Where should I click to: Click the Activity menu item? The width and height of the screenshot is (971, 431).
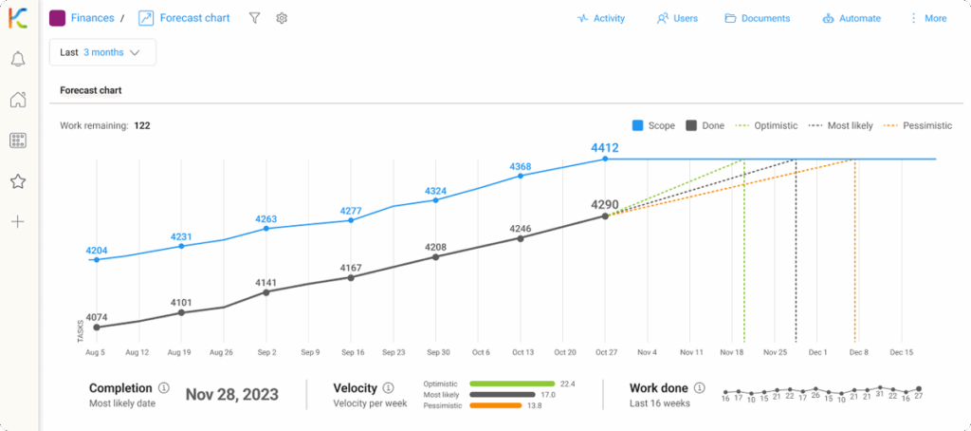tap(601, 18)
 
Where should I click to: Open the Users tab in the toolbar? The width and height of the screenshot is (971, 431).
tap(677, 18)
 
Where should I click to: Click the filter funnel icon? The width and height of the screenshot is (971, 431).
tap(254, 18)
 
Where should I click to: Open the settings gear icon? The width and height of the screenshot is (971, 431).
tap(282, 18)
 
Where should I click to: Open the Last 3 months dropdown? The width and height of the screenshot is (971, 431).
tap(101, 52)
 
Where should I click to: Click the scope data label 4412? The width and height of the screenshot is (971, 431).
tap(604, 147)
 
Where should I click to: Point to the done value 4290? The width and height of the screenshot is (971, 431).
tap(604, 204)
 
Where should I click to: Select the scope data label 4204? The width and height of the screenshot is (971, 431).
tap(97, 251)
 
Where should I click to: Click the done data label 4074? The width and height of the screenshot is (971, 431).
tap(97, 317)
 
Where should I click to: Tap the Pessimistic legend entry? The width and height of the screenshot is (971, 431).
tap(916, 125)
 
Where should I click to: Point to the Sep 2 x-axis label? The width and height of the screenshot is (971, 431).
tap(266, 352)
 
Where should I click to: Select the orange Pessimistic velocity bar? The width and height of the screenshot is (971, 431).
tap(495, 405)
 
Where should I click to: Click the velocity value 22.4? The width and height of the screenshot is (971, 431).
tap(568, 384)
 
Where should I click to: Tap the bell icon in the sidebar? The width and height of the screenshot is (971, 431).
tap(17, 60)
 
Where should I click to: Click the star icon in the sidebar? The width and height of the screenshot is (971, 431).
tap(17, 181)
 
